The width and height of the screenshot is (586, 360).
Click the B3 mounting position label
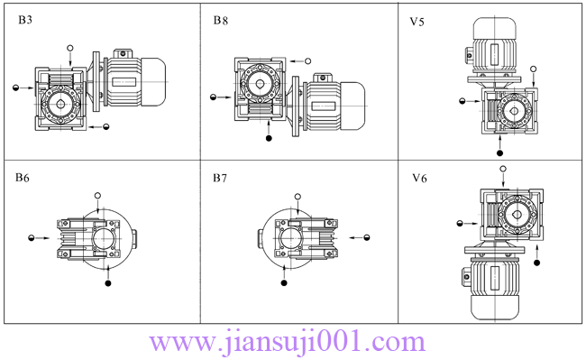click(x=25, y=20)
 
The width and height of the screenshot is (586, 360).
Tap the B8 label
click(x=221, y=20)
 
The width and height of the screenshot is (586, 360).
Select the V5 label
click(x=417, y=22)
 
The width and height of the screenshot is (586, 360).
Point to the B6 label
click(x=22, y=178)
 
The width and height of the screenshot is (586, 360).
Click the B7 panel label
click(x=220, y=178)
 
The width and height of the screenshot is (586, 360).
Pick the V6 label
click(x=419, y=179)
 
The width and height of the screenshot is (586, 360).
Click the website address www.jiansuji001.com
click(x=287, y=342)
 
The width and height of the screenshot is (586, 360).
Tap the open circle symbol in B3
click(x=70, y=48)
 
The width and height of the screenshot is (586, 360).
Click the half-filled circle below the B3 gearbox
click(x=106, y=126)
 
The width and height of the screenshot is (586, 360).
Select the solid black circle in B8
click(x=269, y=138)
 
